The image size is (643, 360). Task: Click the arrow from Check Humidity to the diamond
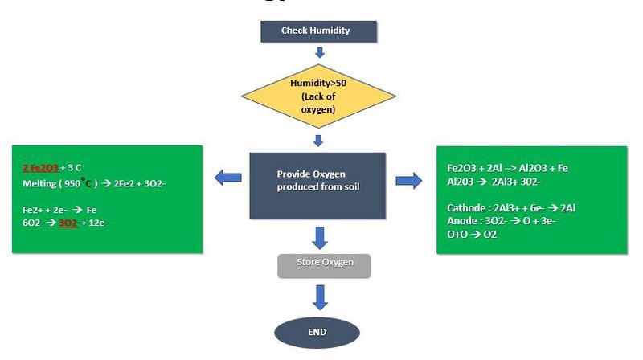tap(319, 53)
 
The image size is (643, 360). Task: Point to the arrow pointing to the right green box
tap(408, 180)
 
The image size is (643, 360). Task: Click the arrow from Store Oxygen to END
tap(320, 297)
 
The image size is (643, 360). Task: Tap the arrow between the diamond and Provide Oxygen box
tap(319, 141)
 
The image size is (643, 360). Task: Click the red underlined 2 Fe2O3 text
tap(40, 168)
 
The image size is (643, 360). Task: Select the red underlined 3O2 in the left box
tap(68, 223)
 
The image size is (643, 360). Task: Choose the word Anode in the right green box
tap(462, 220)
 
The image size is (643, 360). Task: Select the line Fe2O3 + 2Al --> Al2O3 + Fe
tap(507, 169)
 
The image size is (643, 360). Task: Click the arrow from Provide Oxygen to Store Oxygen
tap(320, 238)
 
